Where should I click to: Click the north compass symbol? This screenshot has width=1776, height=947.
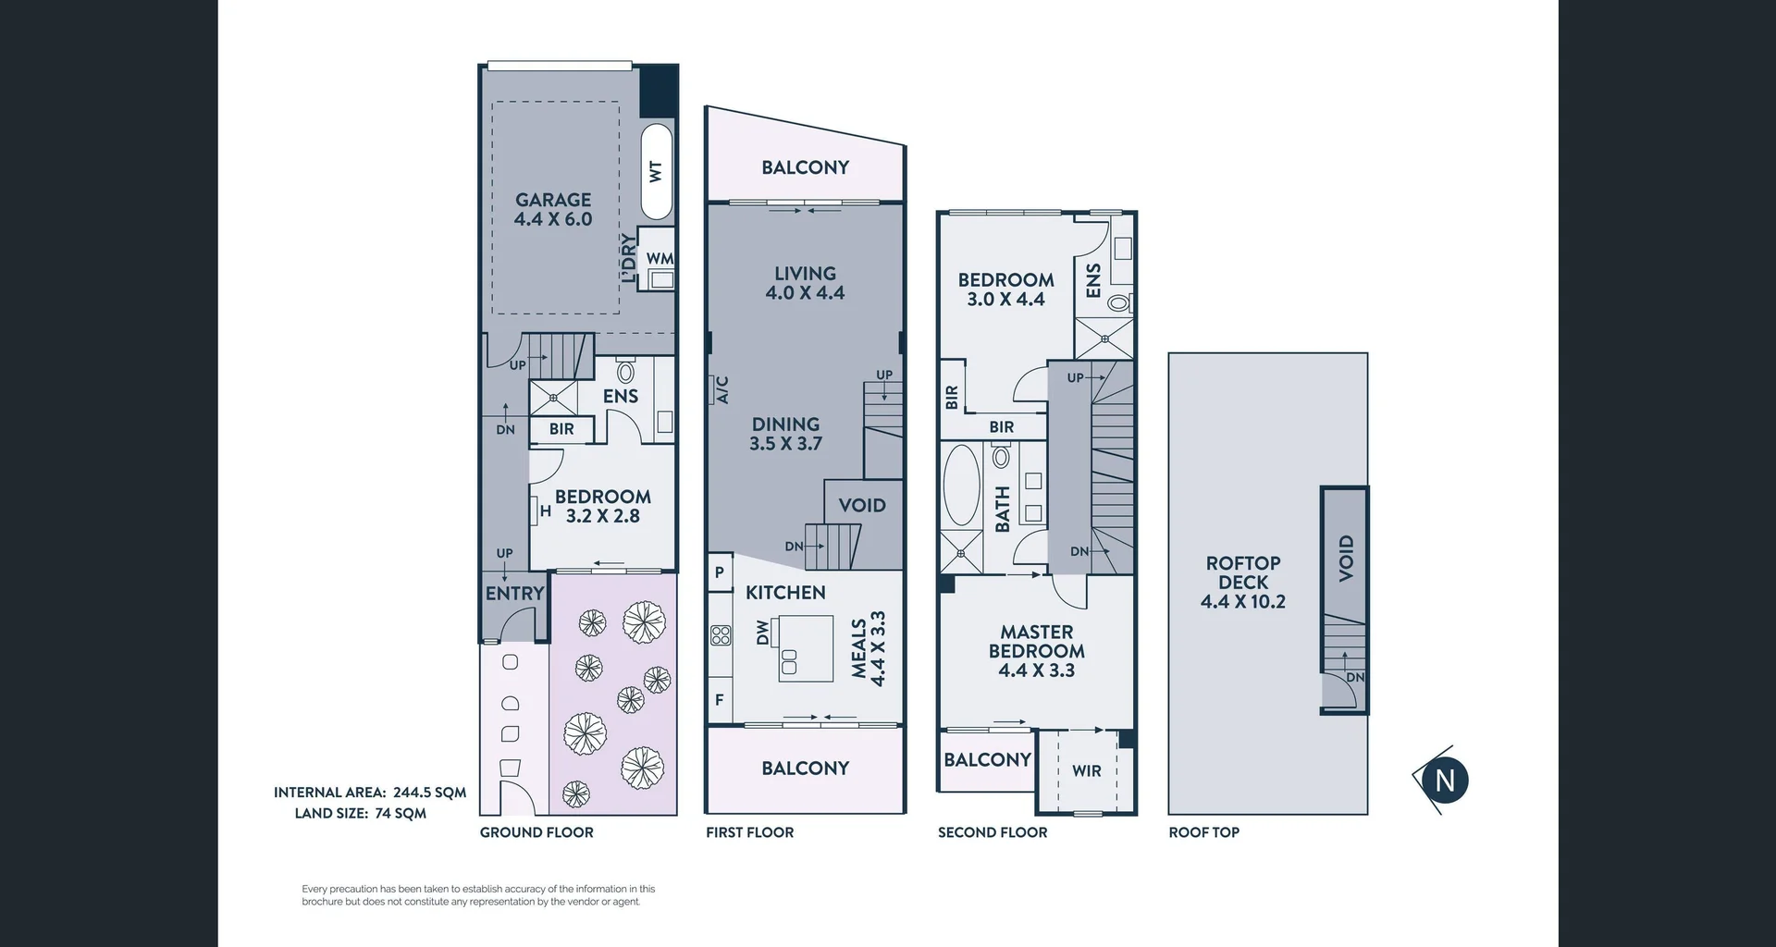coord(1444,781)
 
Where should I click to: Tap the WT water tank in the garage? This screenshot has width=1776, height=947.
coord(656,171)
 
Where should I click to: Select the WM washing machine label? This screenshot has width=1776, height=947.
coord(660,259)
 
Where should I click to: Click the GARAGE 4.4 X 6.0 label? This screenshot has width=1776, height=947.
coord(553,209)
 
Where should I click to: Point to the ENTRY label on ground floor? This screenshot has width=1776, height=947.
coord(514,594)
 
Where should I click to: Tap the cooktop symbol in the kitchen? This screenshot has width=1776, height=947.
coord(721,635)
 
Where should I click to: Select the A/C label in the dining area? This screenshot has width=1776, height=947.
coord(722,389)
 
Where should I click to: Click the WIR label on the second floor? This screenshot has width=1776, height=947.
coord(1086,770)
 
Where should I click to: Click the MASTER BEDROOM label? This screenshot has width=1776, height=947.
coord(1036,651)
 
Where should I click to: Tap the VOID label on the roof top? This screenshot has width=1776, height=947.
coord(1346,558)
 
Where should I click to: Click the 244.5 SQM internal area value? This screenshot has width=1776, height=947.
coord(429,793)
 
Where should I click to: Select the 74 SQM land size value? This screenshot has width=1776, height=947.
coord(401,814)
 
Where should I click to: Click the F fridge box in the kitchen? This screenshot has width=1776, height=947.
coord(720,700)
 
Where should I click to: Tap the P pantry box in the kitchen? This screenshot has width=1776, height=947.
coord(719,572)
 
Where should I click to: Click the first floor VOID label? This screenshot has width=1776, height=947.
coord(862,506)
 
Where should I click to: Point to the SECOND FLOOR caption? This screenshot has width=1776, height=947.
coord(993,832)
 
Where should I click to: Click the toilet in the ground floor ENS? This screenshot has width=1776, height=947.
coord(625,372)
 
